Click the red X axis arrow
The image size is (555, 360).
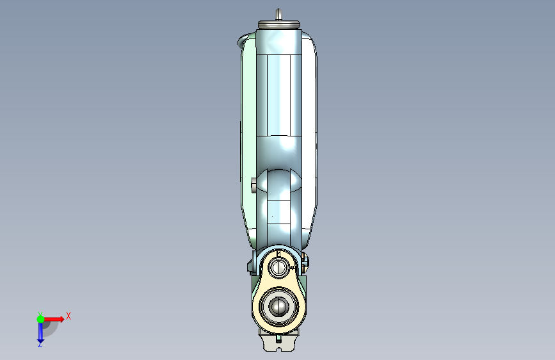tap(53, 319)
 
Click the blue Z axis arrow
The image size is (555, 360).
tap(40, 332)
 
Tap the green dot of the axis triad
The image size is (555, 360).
tap(40, 319)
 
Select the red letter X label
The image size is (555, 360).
tap(68, 316)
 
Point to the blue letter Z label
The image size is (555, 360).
tap(40, 344)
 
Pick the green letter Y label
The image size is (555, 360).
tap(40, 314)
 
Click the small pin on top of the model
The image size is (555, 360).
tap(278, 15)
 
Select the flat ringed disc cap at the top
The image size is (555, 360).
tap(279, 24)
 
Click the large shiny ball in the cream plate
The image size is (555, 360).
tap(279, 306)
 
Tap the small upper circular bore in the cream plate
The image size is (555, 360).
tap(279, 266)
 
